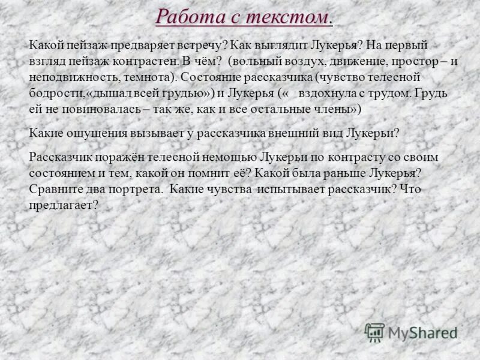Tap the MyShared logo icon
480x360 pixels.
(375, 332)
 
